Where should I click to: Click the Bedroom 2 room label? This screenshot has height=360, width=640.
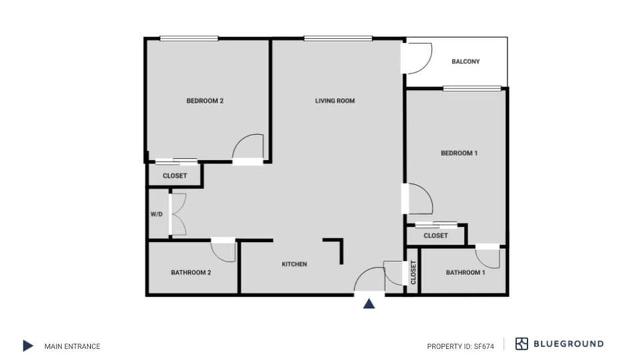pos(205,101)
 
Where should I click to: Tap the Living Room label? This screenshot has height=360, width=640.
pos(335,101)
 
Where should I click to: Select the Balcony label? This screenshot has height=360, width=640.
pos(465,61)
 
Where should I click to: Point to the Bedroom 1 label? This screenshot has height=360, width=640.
pos(459,153)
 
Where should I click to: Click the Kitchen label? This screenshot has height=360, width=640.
pos(294,265)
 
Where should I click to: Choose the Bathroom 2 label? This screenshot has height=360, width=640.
pos(191,272)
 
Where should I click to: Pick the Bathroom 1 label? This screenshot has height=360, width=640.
pos(465,272)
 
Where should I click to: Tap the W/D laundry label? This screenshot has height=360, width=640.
pos(157,215)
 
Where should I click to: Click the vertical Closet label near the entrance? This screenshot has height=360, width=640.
pos(413,272)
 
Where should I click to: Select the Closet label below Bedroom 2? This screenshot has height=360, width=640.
pos(175,176)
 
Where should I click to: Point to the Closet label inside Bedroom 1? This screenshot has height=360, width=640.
pos(435,235)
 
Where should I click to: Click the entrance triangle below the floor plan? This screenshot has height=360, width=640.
pos(369,304)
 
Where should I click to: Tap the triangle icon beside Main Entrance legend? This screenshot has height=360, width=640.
pos(28,345)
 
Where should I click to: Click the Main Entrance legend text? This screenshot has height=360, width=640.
pos(72,346)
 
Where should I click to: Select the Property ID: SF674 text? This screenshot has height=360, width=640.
pos(460,346)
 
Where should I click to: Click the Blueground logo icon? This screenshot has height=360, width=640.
pos(521,344)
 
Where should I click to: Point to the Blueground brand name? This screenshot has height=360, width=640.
pos(569,344)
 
